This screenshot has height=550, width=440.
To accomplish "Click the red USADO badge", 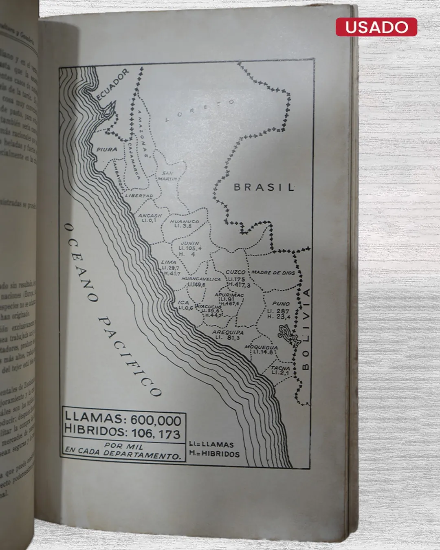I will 376,27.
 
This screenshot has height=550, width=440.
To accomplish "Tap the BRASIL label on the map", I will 264,187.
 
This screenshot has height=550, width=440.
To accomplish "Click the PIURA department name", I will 107,150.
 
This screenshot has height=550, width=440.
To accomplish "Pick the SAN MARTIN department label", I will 167,176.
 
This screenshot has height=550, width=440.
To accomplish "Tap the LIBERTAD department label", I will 139,196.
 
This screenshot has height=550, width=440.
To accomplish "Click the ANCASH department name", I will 150,216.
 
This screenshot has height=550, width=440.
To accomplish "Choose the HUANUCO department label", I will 185,221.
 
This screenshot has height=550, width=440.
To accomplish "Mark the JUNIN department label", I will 190,243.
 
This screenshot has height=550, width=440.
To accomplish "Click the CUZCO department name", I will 235,272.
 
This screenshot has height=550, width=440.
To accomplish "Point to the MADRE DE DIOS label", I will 273,272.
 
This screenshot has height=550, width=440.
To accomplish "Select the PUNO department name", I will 281,304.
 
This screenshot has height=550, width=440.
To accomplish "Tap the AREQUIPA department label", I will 228,332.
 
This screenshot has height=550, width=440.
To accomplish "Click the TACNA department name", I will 281,368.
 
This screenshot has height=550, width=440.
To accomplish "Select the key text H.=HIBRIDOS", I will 214,453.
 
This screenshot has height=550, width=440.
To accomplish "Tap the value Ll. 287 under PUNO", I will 278,311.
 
